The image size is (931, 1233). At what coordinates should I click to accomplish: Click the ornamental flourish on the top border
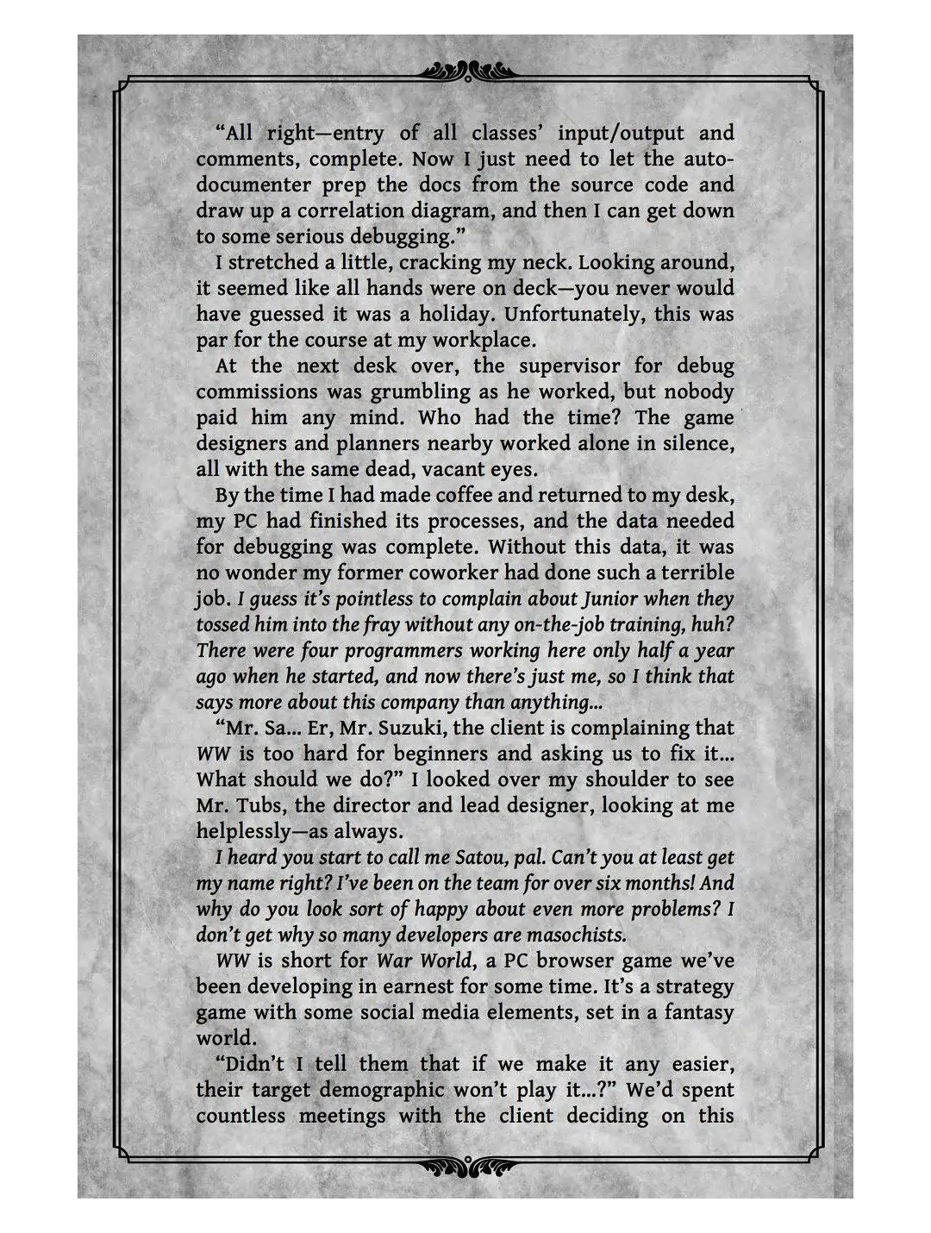pos(465,69)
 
